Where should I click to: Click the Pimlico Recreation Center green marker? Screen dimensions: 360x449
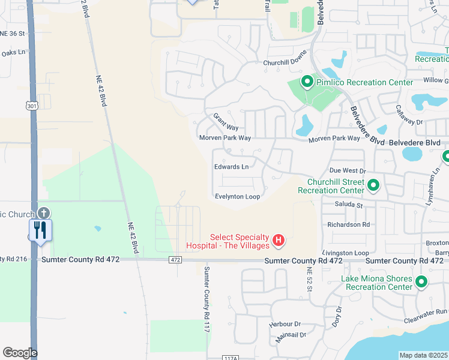pyautogui.click(x=307, y=82)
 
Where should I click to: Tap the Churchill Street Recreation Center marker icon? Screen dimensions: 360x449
pyautogui.click(x=373, y=185)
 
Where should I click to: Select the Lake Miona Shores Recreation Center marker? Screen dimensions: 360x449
pyautogui.click(x=421, y=281)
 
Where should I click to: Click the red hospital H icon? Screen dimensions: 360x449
pyautogui.click(x=278, y=241)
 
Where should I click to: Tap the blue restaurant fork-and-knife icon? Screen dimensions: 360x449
pyautogui.click(x=40, y=230)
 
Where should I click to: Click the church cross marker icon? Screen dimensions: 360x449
pyautogui.click(x=44, y=213)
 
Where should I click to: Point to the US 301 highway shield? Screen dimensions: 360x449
pyautogui.click(x=31, y=106)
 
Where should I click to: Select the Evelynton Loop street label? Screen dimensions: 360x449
pyautogui.click(x=237, y=197)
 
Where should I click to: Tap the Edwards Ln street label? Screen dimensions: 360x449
pyautogui.click(x=231, y=167)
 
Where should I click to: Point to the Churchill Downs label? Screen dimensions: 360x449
pyautogui.click(x=285, y=62)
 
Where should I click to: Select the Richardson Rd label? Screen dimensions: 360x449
pyautogui.click(x=348, y=224)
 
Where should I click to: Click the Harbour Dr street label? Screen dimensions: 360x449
pyautogui.click(x=285, y=324)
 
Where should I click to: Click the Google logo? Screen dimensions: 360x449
pyautogui.click(x=20, y=353)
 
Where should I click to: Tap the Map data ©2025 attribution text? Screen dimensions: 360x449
pyautogui.click(x=423, y=355)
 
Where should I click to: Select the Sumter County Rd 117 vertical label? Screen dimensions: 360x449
pyautogui.click(x=206, y=299)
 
